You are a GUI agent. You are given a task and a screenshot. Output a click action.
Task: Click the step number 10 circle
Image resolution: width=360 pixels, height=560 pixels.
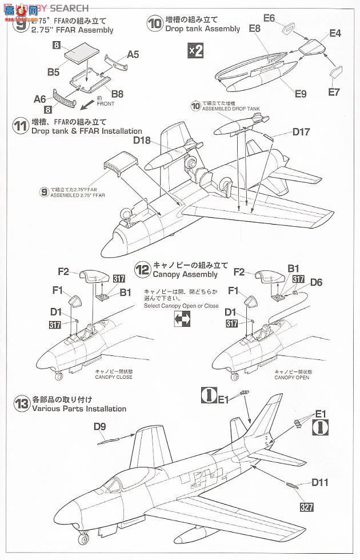[154, 23]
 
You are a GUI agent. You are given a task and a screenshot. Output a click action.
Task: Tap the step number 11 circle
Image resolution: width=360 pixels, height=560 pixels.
[21, 126]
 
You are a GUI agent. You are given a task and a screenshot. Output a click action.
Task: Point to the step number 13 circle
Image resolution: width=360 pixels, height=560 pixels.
[21, 403]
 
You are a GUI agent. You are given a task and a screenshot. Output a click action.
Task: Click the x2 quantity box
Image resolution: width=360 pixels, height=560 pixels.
[195, 51]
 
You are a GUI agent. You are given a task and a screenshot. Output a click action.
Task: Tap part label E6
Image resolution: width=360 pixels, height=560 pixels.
[269, 18]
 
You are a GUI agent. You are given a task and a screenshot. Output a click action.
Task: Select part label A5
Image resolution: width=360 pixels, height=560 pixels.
[133, 54]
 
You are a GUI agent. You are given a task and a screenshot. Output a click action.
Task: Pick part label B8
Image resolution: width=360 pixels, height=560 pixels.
[118, 93]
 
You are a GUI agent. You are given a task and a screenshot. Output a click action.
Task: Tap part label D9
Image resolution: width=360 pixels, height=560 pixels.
[99, 426]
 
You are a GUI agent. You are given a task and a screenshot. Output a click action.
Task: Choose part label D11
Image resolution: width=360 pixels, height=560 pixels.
[321, 482]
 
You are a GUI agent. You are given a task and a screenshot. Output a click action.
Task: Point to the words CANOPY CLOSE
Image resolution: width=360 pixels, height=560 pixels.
[114, 377]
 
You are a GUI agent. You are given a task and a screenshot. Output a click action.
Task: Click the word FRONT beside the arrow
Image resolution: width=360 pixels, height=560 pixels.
[105, 104]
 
